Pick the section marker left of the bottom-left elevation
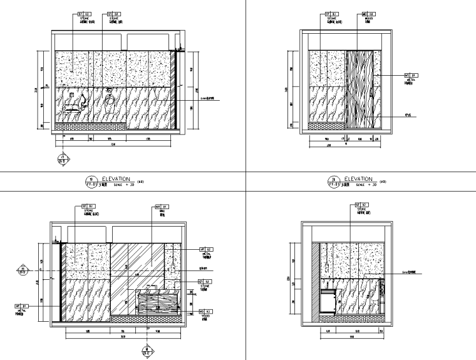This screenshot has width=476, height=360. tap(23, 271)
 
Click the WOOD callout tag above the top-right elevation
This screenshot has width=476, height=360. tap(368, 13)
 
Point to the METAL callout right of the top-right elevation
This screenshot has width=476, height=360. tap(411, 75)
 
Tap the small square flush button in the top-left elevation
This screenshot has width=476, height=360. tap(73, 95)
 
